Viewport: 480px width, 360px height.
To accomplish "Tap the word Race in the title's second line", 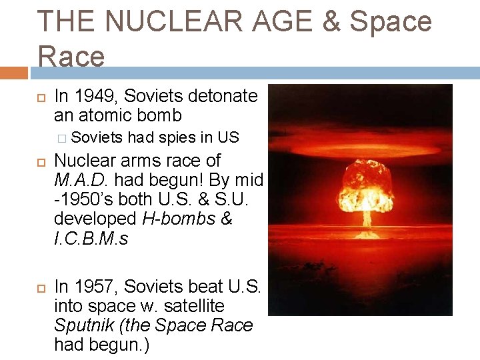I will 71,57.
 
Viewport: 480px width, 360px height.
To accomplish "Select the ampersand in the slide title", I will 333,22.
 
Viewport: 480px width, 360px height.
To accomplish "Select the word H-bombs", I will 178,219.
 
